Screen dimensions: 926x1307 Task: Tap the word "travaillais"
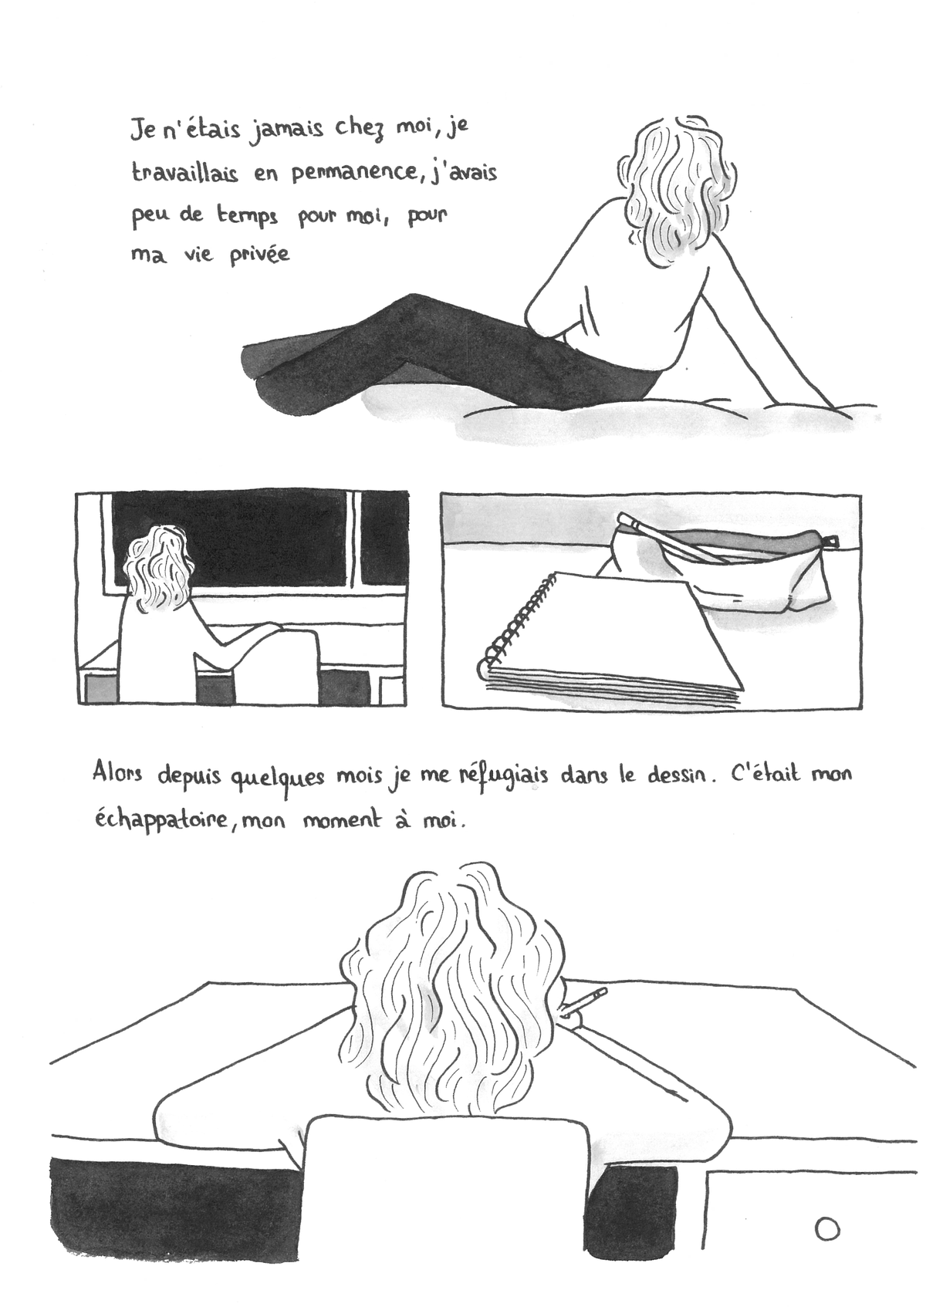click(x=185, y=174)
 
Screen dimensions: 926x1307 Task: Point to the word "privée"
click(x=259, y=255)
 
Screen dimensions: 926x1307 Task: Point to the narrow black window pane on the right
click(x=384, y=540)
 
